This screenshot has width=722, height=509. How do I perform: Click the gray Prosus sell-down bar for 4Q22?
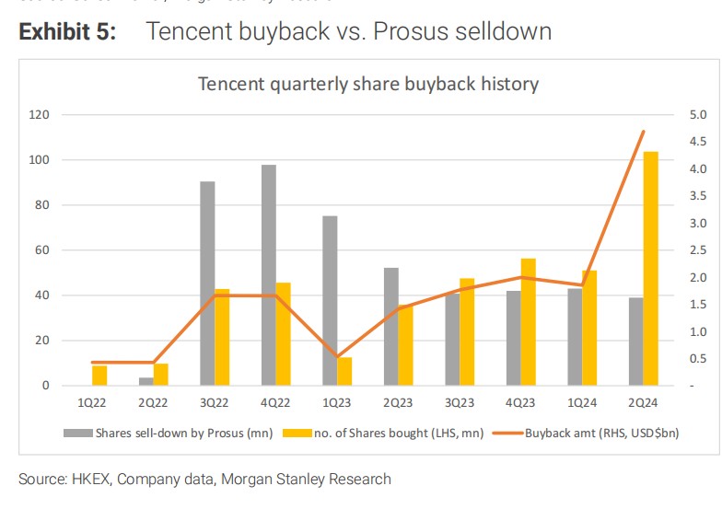point(269,274)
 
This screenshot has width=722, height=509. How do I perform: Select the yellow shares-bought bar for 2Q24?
point(650,268)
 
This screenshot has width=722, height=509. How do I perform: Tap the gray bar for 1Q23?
point(330,300)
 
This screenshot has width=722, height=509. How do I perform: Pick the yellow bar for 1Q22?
point(99,376)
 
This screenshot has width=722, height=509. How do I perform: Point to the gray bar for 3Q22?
point(208,283)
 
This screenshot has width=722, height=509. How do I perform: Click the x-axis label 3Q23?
point(460,402)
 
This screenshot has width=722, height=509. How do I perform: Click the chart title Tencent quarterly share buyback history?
point(368,84)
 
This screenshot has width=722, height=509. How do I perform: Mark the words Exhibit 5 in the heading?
point(67,32)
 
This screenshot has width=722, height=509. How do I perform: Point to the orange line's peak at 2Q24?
point(643,132)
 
